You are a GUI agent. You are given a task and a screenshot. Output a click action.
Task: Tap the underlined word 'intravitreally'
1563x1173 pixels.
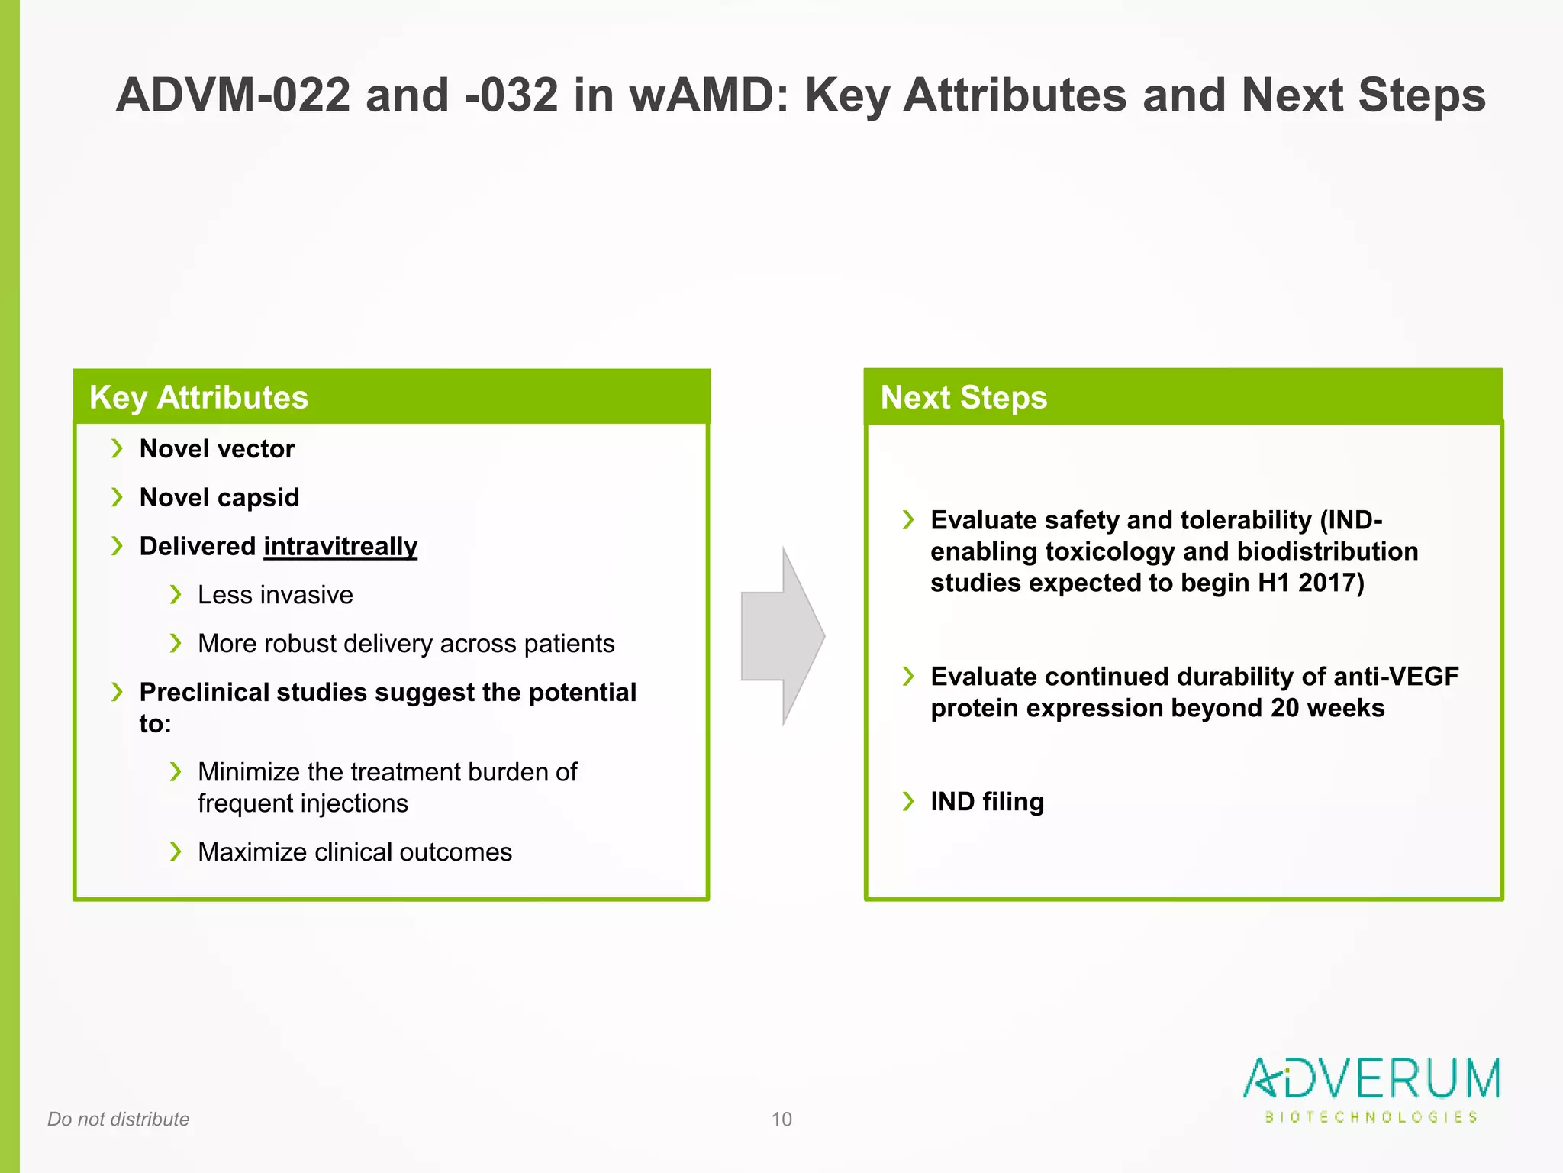[340, 547]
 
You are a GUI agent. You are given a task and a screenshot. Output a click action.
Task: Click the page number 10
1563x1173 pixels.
[781, 1120]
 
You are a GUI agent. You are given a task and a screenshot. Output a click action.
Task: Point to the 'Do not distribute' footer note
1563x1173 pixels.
[118, 1120]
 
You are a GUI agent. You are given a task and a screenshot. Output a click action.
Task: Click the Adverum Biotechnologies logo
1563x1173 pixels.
[1371, 1089]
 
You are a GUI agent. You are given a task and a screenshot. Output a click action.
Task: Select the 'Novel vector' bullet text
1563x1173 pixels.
[217, 449]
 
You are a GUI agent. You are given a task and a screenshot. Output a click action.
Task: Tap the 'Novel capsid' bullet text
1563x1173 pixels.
[219, 498]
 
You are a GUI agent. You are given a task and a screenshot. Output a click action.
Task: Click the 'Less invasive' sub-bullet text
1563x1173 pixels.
[275, 595]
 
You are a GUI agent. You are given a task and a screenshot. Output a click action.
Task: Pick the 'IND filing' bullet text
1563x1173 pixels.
[987, 802]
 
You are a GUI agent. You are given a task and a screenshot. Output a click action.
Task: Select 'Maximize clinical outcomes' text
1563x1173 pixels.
[355, 852]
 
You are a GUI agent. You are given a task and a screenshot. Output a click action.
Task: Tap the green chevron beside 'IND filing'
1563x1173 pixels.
[908, 801]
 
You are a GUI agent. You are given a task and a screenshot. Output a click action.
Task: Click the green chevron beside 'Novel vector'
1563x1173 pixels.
[117, 448]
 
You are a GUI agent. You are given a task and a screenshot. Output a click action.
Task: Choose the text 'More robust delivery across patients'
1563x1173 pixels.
[406, 644]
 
